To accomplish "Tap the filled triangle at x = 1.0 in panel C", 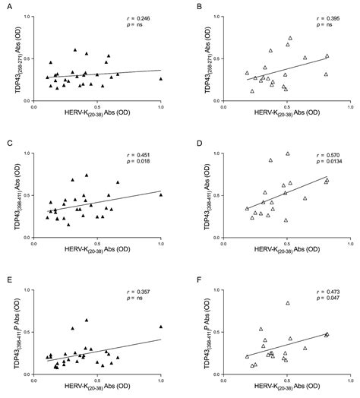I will pos(161,194).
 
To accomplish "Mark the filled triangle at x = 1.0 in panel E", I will pos(161,327).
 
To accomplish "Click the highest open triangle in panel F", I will pos(288,302).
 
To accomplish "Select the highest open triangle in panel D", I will pos(288,153).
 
